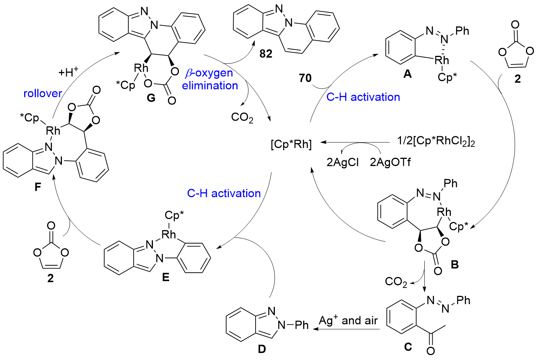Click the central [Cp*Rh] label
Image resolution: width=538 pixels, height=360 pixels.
pyautogui.click(x=291, y=144)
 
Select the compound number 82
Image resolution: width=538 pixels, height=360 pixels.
pyautogui.click(x=266, y=54)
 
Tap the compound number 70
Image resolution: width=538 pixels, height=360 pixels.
pyautogui.click(x=305, y=78)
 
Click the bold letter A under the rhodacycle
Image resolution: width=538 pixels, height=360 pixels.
pyautogui.click(x=407, y=74)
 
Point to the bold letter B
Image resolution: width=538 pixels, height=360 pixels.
pyautogui.click(x=455, y=264)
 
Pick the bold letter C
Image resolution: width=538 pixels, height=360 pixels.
pyautogui.click(x=408, y=347)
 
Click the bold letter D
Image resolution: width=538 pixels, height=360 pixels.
pyautogui.click(x=262, y=349)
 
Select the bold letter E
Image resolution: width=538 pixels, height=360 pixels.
pyautogui.click(x=165, y=277)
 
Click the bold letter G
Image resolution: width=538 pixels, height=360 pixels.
pyautogui.click(x=151, y=98)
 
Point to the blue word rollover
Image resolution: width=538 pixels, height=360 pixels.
pyautogui.click(x=43, y=93)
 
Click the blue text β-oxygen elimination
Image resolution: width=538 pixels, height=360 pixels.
pyautogui.click(x=210, y=79)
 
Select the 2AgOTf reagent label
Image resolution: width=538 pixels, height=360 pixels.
pyautogui.click(x=390, y=162)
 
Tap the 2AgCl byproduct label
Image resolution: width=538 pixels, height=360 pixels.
pyautogui.click(x=342, y=162)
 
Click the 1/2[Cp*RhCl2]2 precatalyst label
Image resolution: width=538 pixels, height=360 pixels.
pyautogui.click(x=436, y=142)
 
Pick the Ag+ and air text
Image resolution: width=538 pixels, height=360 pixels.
pyautogui.click(x=348, y=320)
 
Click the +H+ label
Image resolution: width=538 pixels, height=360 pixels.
pyautogui.click(x=68, y=72)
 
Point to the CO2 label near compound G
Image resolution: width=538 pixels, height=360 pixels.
pyautogui.click(x=242, y=118)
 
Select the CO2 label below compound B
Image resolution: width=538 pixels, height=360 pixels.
pyautogui.click(x=396, y=282)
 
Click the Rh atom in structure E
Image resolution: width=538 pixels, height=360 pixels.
pyautogui.click(x=169, y=234)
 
